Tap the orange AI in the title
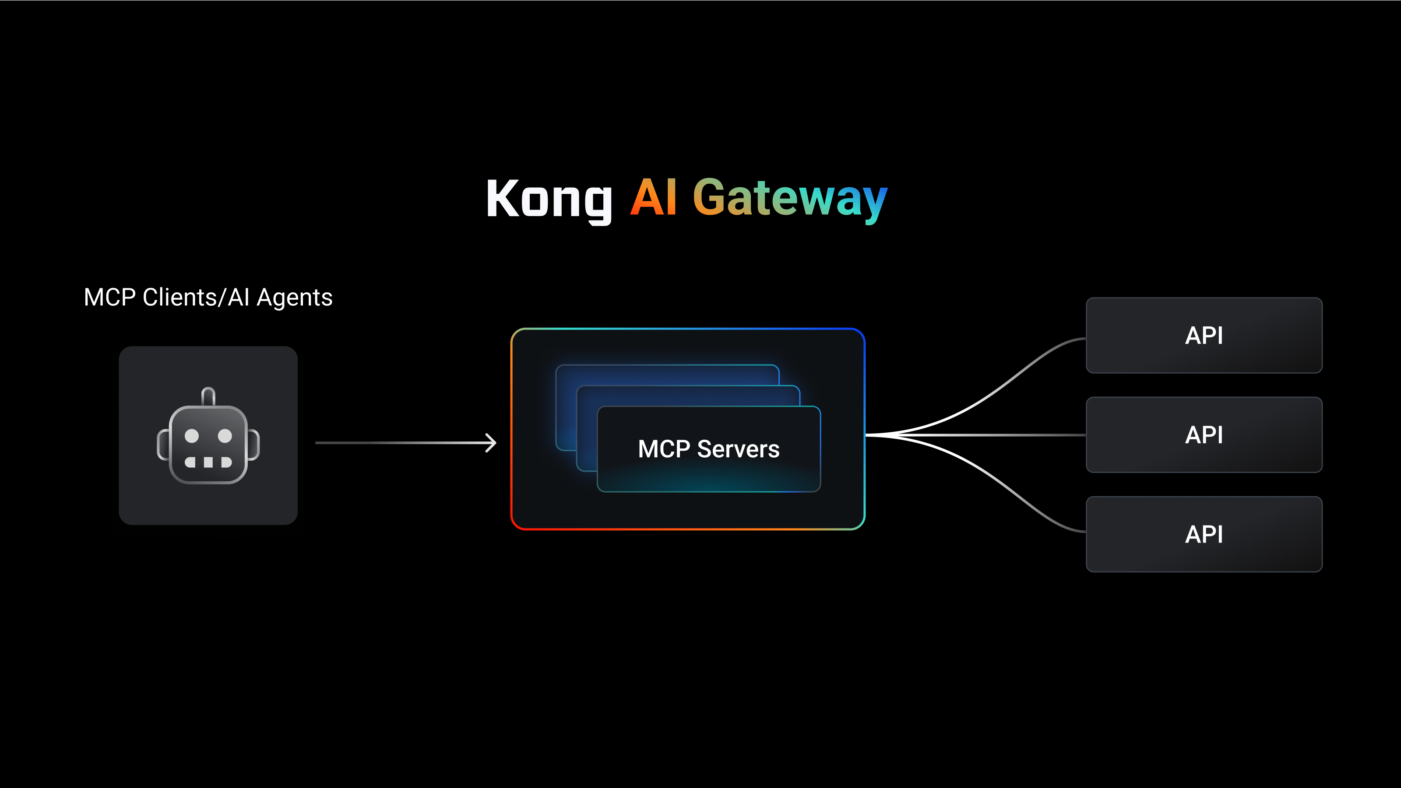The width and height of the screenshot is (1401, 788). click(x=653, y=198)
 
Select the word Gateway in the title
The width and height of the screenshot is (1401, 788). click(x=790, y=199)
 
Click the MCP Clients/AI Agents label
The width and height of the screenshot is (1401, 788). click(x=208, y=297)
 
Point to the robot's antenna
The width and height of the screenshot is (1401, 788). click(x=208, y=396)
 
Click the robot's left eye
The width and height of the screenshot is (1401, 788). click(x=191, y=435)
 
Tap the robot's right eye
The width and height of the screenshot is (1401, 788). click(x=225, y=435)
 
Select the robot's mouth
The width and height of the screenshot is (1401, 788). click(x=208, y=462)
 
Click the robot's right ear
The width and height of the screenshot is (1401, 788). click(x=254, y=444)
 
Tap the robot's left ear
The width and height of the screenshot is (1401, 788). click(x=162, y=444)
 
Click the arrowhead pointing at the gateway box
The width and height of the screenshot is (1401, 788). click(x=491, y=443)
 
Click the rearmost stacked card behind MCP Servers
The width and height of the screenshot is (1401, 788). click(x=667, y=374)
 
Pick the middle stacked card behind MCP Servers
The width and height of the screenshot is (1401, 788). click(x=687, y=395)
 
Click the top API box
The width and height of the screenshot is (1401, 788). click(x=1204, y=335)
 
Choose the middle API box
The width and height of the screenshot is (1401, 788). click(x=1204, y=435)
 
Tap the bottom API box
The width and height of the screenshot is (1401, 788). click(x=1204, y=534)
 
